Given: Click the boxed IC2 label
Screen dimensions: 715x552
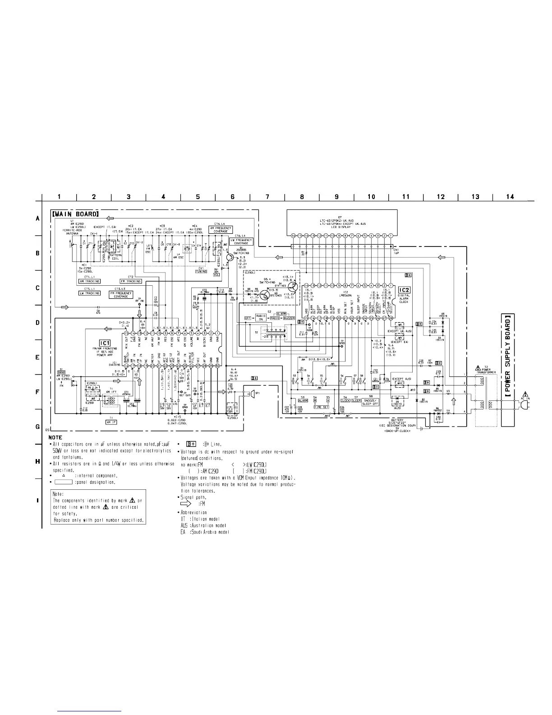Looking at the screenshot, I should click(404, 290).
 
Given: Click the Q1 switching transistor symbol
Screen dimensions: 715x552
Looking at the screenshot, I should click(230, 257).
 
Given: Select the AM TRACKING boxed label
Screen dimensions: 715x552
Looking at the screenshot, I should click(89, 281).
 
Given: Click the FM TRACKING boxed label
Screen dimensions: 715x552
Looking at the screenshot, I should click(130, 281).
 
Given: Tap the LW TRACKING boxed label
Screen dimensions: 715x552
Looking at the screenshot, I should click(89, 293).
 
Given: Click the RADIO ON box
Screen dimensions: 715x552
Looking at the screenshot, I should click(261, 318).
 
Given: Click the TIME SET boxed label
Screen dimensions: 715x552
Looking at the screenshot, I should click(321, 407).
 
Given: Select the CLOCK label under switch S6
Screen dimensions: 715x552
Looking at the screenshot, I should click(345, 400).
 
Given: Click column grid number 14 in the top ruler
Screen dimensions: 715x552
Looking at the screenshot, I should click(510, 197).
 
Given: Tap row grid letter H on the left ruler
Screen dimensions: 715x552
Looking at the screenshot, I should click(38, 461).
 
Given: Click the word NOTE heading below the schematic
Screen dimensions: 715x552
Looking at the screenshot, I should click(55, 437).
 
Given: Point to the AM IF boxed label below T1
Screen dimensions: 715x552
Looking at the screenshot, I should click(111, 422).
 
